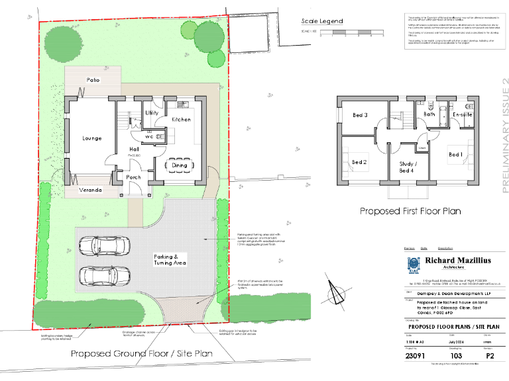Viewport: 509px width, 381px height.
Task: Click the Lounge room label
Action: coord(92,138)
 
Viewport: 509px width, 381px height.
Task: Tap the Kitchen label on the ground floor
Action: coord(181,120)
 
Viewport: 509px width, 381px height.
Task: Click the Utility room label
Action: coord(151,113)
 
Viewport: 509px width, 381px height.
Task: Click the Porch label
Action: coord(133,177)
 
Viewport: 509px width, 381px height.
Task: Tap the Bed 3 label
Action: coord(361,116)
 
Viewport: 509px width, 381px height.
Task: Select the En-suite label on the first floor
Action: coord(462,115)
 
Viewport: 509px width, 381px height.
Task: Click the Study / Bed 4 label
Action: coord(406,167)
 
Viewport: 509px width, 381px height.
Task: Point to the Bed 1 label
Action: coord(456,155)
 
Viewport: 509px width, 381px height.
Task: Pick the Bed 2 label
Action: coord(359,162)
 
